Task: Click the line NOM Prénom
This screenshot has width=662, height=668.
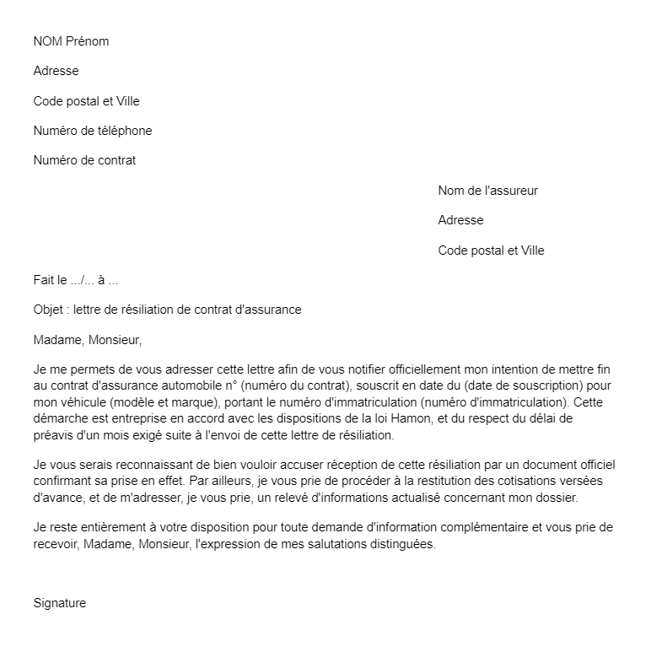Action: click(71, 41)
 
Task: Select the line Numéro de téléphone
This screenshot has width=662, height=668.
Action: click(93, 131)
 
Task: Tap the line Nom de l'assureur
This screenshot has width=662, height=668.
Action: click(487, 191)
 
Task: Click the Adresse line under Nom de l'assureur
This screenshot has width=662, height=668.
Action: click(460, 220)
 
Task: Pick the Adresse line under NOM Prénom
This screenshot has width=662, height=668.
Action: click(56, 72)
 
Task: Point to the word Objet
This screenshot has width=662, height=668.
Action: click(48, 310)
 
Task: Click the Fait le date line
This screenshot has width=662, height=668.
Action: click(76, 280)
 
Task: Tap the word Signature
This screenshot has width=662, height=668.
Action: click(60, 603)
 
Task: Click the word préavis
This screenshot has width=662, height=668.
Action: click(53, 436)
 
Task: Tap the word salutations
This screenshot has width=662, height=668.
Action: click(320, 544)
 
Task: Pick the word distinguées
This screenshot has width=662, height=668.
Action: click(395, 544)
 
